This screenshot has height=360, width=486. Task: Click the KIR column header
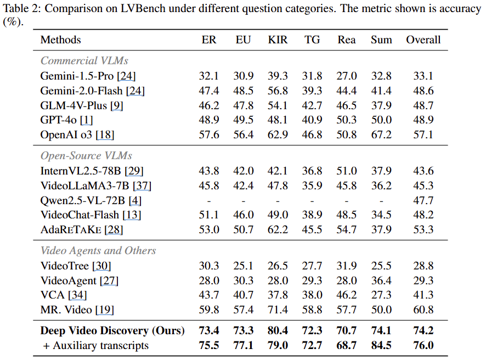tap(278, 40)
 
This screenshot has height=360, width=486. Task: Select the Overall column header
tap(423, 40)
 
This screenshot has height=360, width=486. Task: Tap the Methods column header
tap(60, 40)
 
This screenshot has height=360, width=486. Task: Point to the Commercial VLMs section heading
tap(84, 60)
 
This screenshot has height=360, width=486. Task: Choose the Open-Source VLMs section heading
tap(86, 156)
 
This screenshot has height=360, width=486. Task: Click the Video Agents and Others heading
tap(98, 251)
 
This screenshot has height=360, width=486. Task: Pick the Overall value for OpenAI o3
tap(423, 134)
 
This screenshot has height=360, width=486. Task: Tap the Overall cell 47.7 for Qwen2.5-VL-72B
tap(423, 200)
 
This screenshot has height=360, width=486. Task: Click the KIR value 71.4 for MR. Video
tap(278, 310)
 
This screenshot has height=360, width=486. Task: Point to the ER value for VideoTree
tap(209, 266)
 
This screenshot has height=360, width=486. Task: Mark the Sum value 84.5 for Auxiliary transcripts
tap(381, 346)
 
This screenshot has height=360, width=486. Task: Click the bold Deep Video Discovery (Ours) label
tap(112, 331)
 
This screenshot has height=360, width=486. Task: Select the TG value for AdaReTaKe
tap(313, 229)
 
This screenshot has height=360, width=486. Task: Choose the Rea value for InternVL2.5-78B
tap(347, 171)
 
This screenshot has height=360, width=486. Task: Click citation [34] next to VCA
tap(77, 295)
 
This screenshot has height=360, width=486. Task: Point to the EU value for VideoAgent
tap(244, 280)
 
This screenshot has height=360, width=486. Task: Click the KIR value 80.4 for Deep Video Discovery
tap(278, 331)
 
